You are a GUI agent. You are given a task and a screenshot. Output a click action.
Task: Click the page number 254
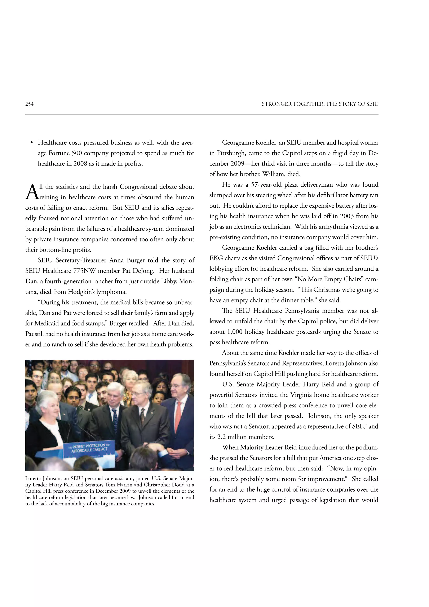29,104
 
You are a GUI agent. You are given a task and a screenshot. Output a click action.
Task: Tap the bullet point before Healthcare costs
32,143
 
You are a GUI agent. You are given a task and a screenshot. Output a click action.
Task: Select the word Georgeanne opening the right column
238,143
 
